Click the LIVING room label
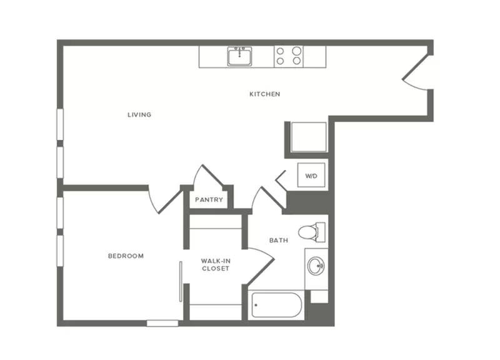[x=139, y=115]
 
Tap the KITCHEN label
[x=264, y=94]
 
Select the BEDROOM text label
[x=126, y=256]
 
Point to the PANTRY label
[x=209, y=200]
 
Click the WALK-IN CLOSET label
[x=216, y=264]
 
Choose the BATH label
[x=279, y=241]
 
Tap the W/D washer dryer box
[x=311, y=175]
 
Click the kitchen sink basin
[x=239, y=57]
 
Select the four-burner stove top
[x=289, y=57]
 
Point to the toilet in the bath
[x=311, y=232]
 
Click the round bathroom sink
[x=316, y=265]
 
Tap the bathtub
[x=276, y=305]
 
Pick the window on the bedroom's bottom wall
[x=162, y=323]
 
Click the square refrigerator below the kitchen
[x=309, y=137]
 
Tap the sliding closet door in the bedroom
[x=181, y=281]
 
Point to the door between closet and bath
[x=261, y=266]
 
